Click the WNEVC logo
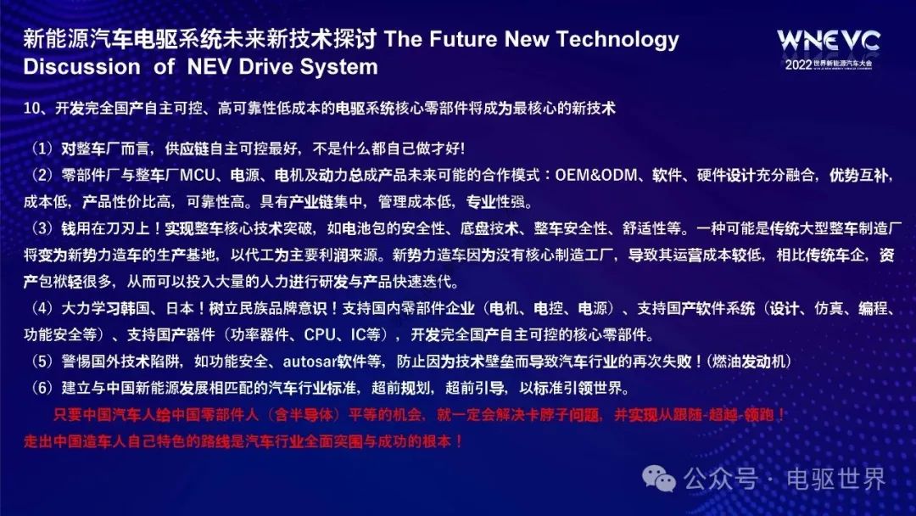point(829,41)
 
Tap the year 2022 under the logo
point(799,64)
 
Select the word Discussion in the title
point(81,66)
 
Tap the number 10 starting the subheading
point(31,108)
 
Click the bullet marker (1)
point(42,149)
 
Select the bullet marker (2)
point(42,175)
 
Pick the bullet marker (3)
point(42,228)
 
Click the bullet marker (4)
point(42,308)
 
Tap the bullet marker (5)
point(42,362)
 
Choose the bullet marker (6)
point(42,388)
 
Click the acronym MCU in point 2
point(198,175)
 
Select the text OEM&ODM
point(596,175)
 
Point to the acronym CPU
point(320,335)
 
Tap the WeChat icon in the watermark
point(659,479)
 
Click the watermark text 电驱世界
point(836,480)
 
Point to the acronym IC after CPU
point(358,335)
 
